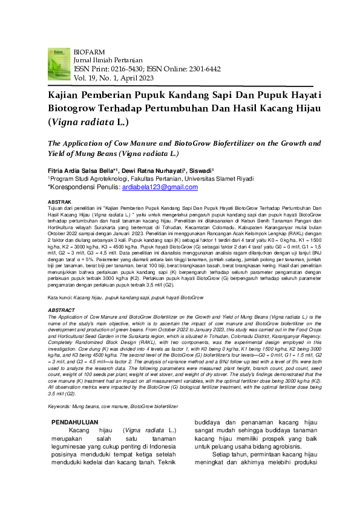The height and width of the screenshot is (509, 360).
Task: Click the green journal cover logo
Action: (x=59, y=64)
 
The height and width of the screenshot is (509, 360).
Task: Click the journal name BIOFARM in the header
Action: (x=88, y=53)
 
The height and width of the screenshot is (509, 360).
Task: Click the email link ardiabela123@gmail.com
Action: (x=160, y=187)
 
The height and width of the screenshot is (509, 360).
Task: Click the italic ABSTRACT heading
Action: (x=62, y=310)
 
